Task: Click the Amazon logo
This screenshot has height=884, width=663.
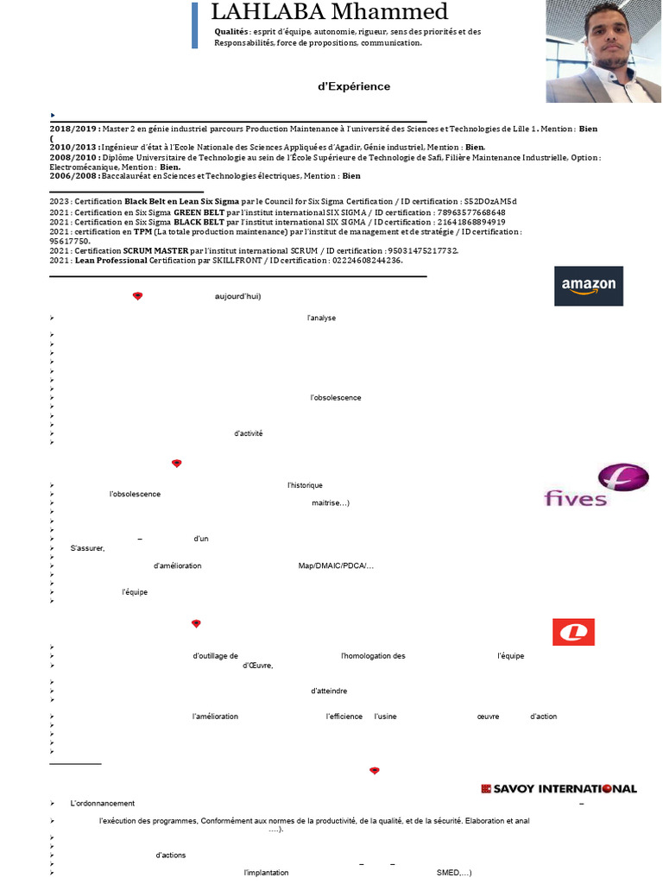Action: [x=588, y=286]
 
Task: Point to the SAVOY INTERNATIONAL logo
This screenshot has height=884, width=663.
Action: [x=559, y=788]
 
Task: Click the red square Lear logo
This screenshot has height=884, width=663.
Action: [x=573, y=632]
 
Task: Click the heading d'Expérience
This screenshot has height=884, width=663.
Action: [x=355, y=86]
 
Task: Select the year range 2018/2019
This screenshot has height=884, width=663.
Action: [x=73, y=129]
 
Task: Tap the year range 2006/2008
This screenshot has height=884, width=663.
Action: [x=73, y=176]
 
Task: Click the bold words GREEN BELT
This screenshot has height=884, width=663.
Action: [x=199, y=212]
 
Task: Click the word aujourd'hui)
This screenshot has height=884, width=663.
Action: [x=237, y=296]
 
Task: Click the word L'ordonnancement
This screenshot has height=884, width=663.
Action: [x=102, y=803]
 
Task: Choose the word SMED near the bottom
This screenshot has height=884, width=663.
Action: [x=450, y=873]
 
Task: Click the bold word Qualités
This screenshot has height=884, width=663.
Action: [x=230, y=31]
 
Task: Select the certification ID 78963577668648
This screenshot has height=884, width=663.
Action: [x=464, y=212]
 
